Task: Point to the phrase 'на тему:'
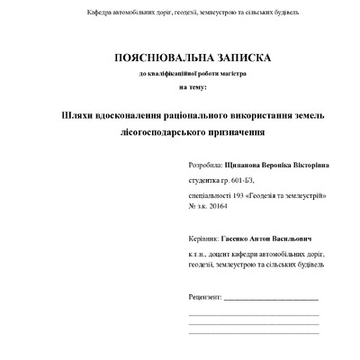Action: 193,86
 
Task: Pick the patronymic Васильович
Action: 292,240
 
